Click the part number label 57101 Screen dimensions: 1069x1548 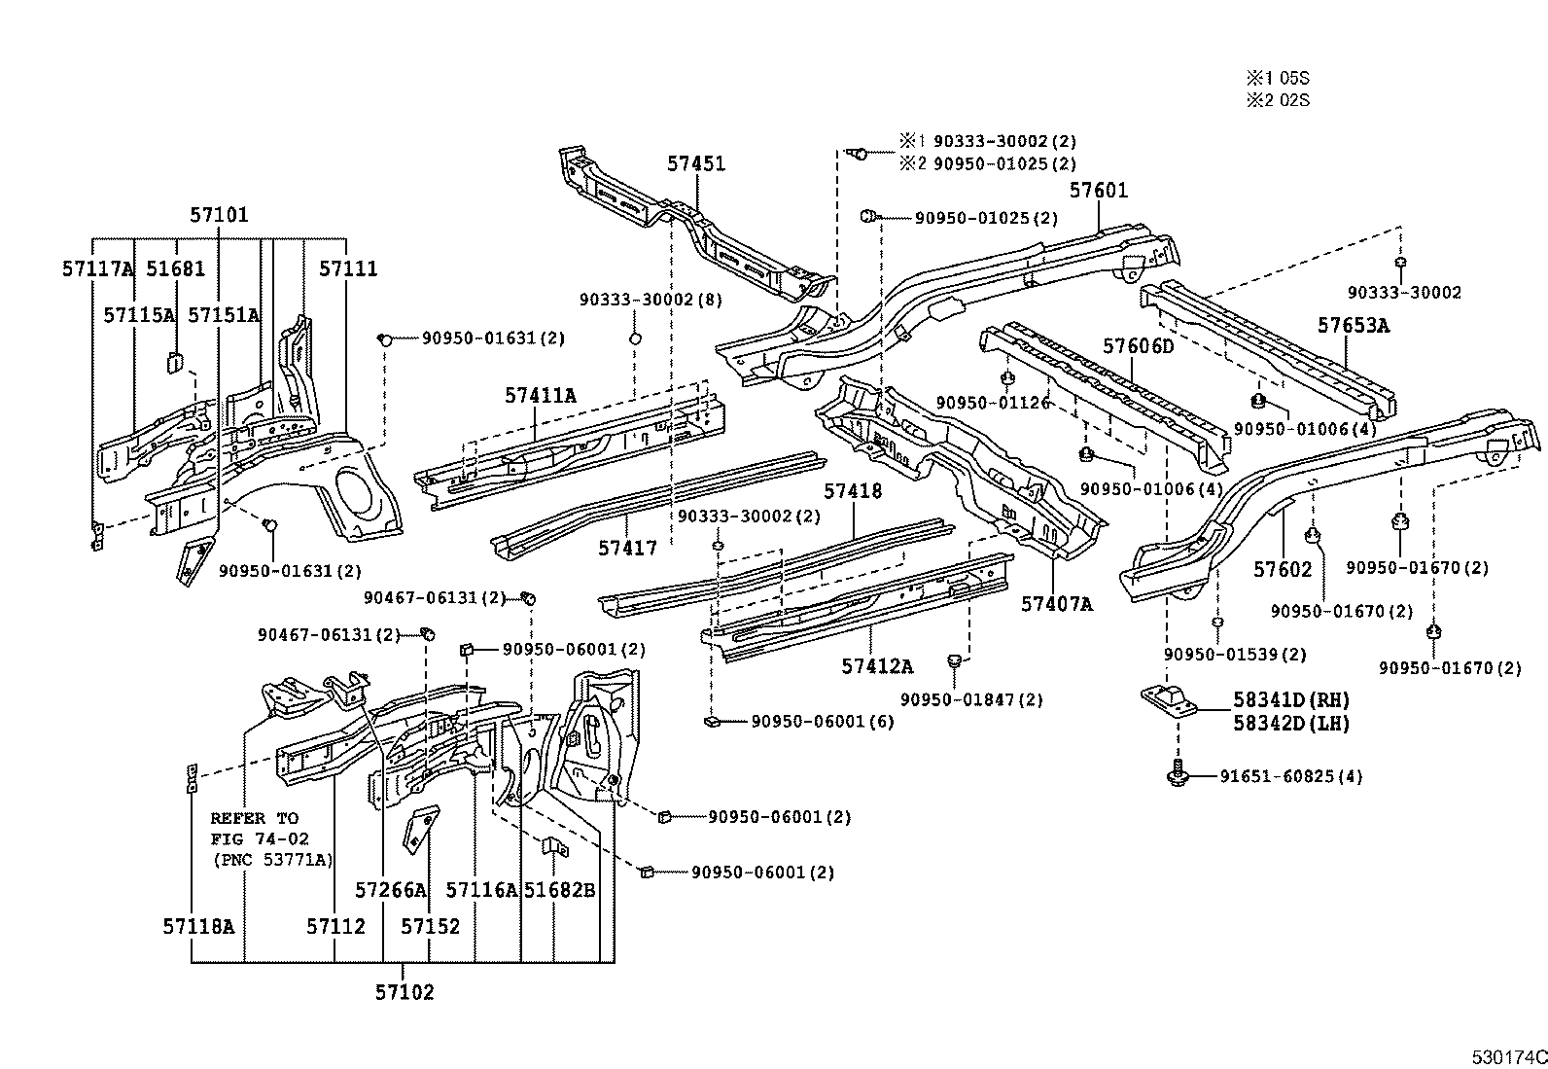click(x=219, y=215)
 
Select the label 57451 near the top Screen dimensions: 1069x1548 click(x=696, y=163)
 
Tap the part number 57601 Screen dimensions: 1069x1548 click(x=1099, y=190)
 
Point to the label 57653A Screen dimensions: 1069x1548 click(x=1354, y=325)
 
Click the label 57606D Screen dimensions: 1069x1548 click(x=1139, y=346)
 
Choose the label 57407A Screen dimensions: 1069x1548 click(x=1057, y=604)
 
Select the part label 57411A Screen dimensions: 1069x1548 click(x=541, y=395)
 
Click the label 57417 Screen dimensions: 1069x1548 click(x=627, y=548)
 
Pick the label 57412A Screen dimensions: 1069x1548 click(x=877, y=666)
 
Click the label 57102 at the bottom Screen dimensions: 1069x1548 click(x=405, y=992)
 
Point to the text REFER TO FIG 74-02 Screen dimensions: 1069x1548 click(x=255, y=828)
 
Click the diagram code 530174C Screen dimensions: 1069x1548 click(x=1508, y=1055)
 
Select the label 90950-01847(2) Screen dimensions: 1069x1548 click(x=971, y=699)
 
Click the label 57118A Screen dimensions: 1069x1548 click(x=198, y=926)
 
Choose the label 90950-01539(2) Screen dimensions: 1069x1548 click(x=1235, y=654)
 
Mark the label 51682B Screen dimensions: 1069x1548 click(x=559, y=889)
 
